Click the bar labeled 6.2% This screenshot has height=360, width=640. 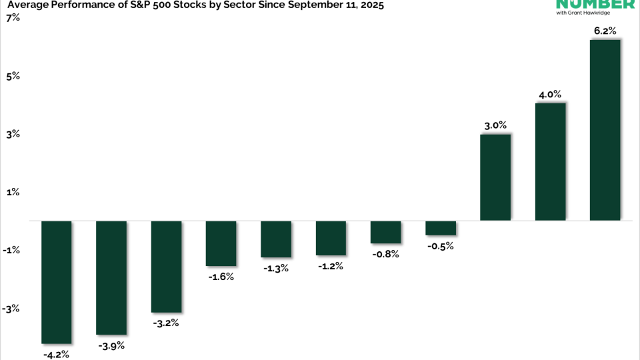[605, 130]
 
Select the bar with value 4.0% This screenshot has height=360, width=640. [550, 161]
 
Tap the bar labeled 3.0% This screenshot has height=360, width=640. [495, 177]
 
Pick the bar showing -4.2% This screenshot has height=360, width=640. [57, 282]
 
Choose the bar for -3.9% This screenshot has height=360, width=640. [111, 277]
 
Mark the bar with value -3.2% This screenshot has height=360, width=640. [166, 266]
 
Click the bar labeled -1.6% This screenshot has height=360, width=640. [221, 243]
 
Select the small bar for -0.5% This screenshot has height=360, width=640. [441, 228]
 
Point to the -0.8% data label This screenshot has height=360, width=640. [385, 254]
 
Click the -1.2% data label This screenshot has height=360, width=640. [330, 266]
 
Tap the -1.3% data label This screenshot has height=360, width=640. [275, 268]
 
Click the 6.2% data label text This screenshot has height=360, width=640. [605, 31]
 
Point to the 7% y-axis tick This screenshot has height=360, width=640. [13, 17]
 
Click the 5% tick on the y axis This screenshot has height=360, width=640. [13, 76]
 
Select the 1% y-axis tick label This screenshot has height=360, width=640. [13, 192]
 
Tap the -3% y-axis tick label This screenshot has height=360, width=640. [12, 309]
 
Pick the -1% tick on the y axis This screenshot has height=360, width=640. [12, 251]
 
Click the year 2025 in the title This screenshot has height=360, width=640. [370, 5]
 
